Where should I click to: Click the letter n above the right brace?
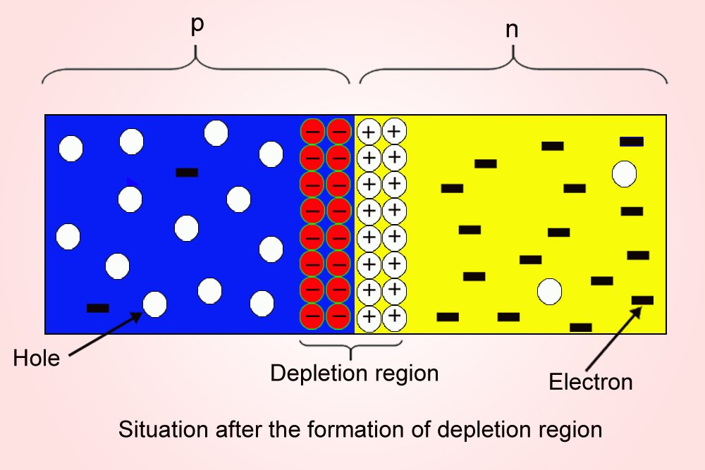click(513, 32)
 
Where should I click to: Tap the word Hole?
click(37, 359)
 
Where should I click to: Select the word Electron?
click(591, 382)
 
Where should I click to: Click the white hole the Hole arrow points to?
click(155, 304)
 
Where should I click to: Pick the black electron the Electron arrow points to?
click(642, 300)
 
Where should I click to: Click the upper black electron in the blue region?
click(187, 172)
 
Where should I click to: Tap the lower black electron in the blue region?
click(97, 308)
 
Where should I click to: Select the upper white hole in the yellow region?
click(625, 173)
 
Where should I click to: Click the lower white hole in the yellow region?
click(549, 291)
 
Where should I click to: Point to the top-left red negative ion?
click(313, 131)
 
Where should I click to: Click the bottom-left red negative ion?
click(313, 316)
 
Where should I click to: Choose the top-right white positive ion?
click(395, 131)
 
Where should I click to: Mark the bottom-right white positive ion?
click(395, 316)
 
